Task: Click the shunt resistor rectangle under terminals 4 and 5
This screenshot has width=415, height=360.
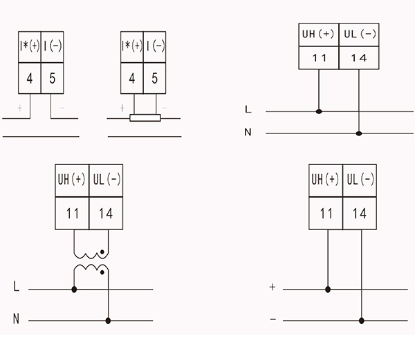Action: pos(145,118)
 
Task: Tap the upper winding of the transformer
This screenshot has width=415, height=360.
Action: pos(91,256)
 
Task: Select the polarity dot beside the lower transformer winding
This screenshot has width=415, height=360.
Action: pos(102,272)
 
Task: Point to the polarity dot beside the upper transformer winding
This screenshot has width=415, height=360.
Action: pos(102,252)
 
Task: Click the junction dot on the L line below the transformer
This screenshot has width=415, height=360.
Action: pos(74,290)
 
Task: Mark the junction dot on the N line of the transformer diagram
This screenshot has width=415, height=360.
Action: pos(108,321)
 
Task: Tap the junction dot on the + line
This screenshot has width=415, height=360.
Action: pos(328,290)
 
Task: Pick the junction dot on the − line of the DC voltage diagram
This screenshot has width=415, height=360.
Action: pos(362,321)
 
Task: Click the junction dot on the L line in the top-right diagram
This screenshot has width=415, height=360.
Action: pos(319,111)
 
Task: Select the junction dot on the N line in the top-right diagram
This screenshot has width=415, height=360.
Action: pos(359,133)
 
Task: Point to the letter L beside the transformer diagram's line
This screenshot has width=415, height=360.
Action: pos(17,286)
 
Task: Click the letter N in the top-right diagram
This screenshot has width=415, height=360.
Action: pos(248,132)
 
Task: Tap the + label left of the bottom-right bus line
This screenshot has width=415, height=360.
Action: pos(273,287)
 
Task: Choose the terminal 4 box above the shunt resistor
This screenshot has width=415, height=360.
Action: pos(132,78)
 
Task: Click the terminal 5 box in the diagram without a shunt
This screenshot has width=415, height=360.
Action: pos(53,78)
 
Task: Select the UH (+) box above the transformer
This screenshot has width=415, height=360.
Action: pos(72,180)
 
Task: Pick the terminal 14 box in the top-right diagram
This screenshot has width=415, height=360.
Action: pos(359,58)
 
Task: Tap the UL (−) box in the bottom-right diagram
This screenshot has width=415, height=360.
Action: pos(360,180)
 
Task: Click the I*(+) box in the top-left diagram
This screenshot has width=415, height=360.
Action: pos(30,47)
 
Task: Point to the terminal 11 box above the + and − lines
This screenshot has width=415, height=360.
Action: pos(326,214)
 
